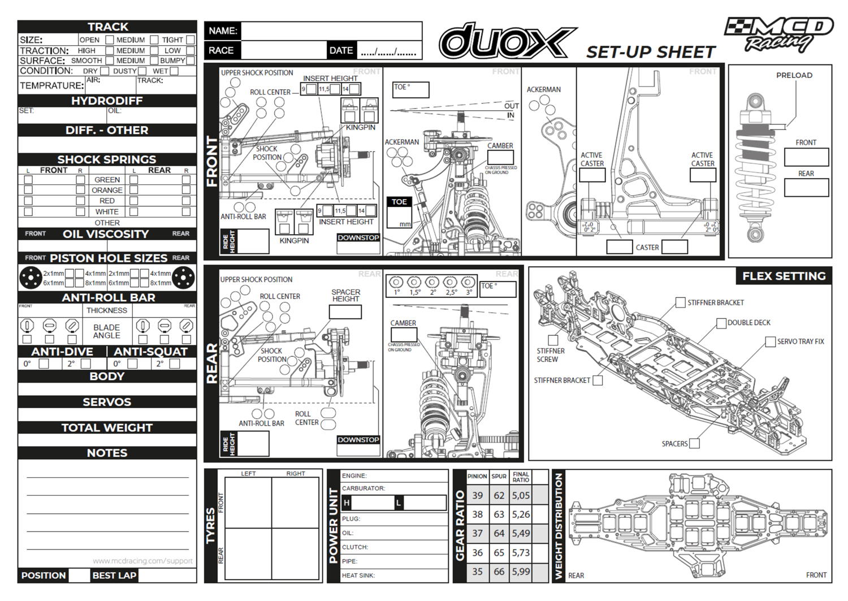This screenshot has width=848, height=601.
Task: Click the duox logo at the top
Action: pos(507,41)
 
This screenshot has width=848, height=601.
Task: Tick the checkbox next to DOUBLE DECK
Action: pos(721,323)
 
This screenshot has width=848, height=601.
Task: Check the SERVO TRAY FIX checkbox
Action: pos(771,341)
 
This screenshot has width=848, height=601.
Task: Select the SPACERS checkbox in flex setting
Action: pos(695,444)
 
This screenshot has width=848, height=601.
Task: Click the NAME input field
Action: pos(331,31)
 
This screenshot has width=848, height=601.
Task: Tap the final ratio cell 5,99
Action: pos(521,572)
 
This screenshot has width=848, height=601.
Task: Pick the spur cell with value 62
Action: pos(499,496)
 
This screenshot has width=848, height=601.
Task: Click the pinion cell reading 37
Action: pos(478,534)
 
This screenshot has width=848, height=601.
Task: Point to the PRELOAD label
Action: pos(794,75)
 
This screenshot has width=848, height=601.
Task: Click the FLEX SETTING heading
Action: pos(784,276)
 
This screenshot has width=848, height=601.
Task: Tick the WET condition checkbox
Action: pos(174,71)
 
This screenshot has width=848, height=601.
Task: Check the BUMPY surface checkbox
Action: pos(191,60)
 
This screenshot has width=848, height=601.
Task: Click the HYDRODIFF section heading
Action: pos(107,101)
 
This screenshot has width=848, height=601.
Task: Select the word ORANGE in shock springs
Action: pos(107,191)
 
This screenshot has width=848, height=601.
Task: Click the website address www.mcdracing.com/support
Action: pos(142,561)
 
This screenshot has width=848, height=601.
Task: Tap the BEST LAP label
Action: pos(114,576)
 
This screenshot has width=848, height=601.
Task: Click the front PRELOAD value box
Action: pos(806,157)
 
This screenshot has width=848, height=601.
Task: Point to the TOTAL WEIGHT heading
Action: pos(107,428)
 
